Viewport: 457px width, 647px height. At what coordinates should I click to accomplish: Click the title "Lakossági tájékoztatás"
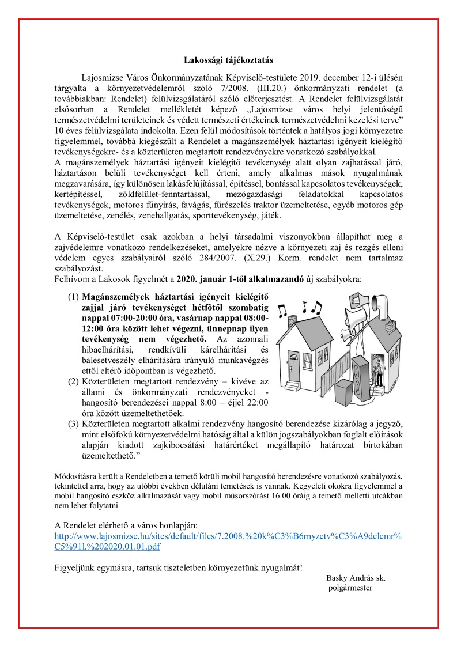228,60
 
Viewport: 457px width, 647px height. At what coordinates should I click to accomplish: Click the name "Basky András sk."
356,577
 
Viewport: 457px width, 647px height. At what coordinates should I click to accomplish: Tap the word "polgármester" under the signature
350,588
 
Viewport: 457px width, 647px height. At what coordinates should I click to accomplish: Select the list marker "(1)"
73,297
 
